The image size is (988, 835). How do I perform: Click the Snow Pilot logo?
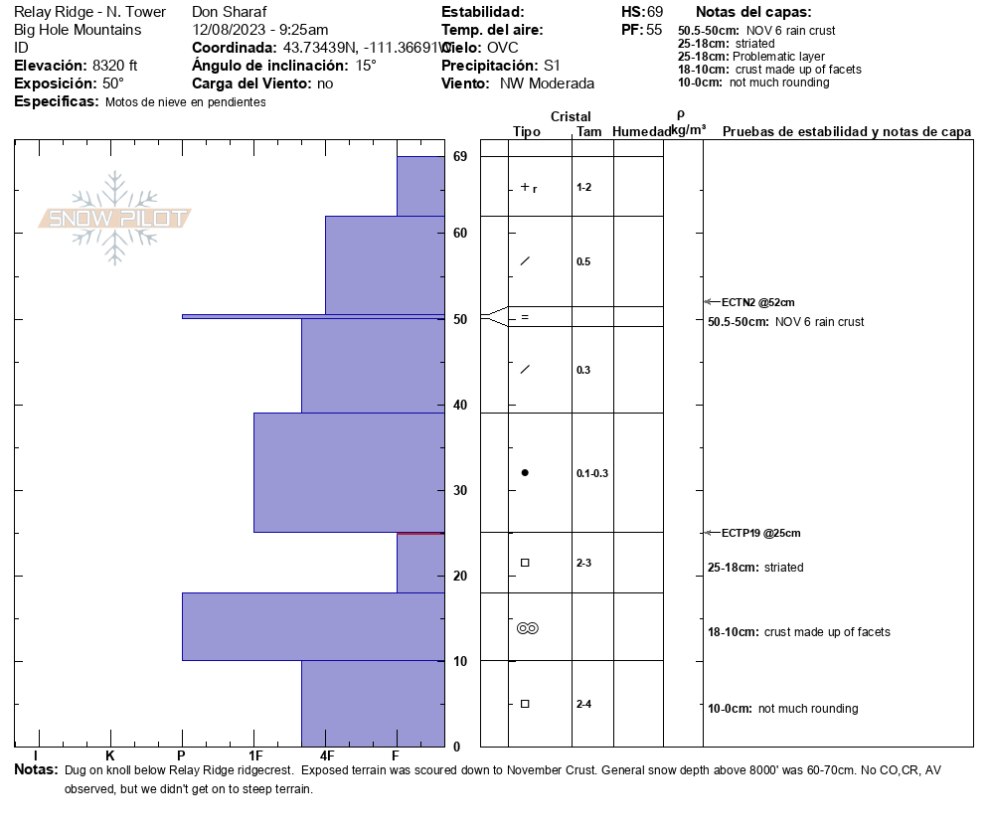click(115, 218)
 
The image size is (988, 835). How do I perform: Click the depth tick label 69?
click(460, 157)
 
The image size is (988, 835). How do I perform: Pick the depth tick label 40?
click(460, 405)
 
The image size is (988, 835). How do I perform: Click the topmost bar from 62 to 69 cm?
click(420, 186)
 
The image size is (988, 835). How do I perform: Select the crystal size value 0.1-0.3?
click(592, 473)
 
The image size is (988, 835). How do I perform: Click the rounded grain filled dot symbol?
click(525, 473)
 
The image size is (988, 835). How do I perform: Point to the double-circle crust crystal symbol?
click(527, 628)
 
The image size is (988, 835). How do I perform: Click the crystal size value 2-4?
click(584, 705)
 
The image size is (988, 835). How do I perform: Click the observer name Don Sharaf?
click(230, 12)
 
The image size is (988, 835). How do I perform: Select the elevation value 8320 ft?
click(114, 66)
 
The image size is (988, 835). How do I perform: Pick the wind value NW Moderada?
click(547, 83)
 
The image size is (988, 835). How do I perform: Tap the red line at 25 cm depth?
click(420, 533)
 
